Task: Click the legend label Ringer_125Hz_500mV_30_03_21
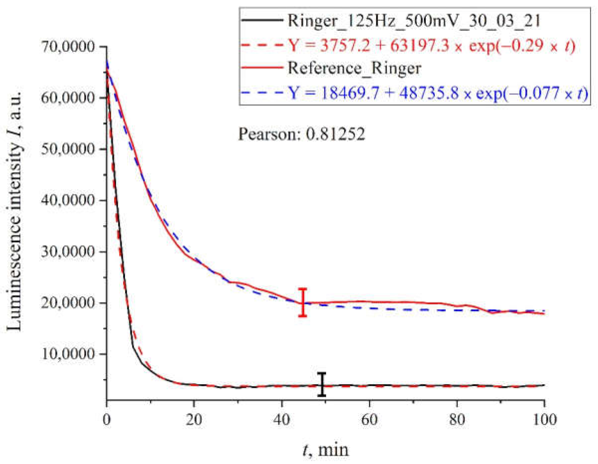coord(414,21)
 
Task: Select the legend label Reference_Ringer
coord(355,68)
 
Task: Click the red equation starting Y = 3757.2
coord(432,45)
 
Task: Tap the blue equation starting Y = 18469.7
coord(438,93)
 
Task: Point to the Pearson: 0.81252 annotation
coord(301,134)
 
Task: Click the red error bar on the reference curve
coord(303,303)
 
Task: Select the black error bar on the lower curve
coord(322,385)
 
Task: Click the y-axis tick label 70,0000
coord(68,47)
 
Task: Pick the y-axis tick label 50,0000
coord(68,149)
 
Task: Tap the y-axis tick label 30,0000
coord(68,252)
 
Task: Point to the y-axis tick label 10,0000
coord(68,354)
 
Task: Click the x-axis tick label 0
coord(107,419)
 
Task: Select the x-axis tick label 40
coord(282,419)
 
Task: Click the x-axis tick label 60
coord(369,419)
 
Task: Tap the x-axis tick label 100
coord(544,419)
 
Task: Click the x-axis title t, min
coord(325,450)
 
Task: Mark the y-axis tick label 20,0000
coord(68,303)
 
